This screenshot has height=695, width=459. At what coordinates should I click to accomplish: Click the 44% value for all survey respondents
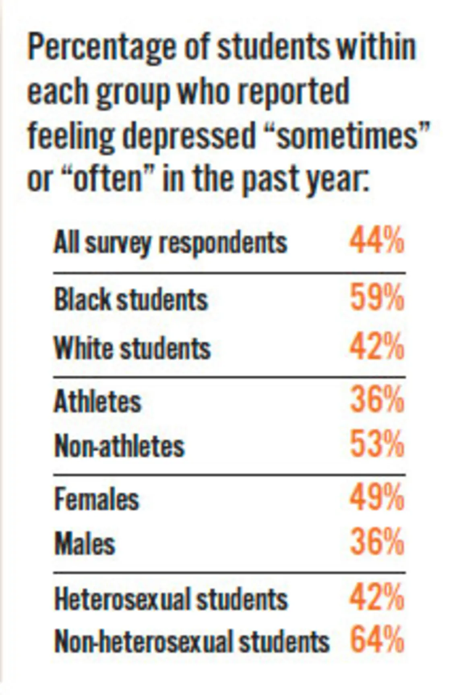(376, 242)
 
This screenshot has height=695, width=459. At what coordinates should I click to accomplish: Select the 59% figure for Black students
(376, 298)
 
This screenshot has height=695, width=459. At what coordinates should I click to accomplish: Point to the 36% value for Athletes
(376, 400)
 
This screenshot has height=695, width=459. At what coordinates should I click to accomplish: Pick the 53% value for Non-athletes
(376, 445)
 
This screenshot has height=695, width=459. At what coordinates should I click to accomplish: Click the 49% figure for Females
(376, 498)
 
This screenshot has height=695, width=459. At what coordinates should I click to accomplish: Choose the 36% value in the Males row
(376, 543)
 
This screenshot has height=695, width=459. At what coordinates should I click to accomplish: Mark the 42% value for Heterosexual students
(376, 598)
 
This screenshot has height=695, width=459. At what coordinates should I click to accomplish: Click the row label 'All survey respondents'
(170, 243)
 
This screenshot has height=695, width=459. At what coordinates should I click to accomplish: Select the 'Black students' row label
(131, 300)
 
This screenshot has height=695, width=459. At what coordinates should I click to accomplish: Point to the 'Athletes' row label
(98, 401)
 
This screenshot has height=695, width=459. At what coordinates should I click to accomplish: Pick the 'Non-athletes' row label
(120, 446)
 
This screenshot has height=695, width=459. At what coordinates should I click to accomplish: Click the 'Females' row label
(97, 499)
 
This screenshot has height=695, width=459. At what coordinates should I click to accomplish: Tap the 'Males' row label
(85, 544)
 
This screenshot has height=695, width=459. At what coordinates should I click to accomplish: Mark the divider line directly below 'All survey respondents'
(229, 273)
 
